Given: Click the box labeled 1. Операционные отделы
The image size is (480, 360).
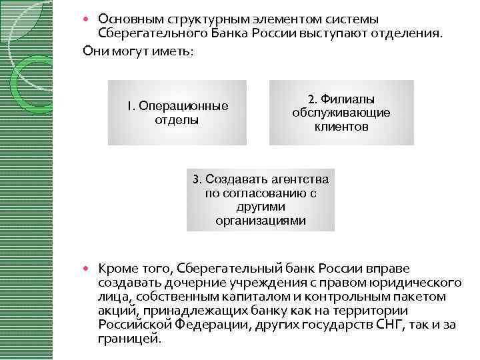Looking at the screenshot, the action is (x=177, y=113).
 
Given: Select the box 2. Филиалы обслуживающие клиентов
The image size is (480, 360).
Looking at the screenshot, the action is (x=341, y=113).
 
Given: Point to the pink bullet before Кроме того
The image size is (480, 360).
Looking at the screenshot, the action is (x=91, y=269).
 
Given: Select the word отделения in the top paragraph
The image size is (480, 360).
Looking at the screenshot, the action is (x=409, y=33).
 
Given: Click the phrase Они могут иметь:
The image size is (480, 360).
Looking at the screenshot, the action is (x=137, y=51).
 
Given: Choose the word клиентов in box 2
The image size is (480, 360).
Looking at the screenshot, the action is (x=341, y=126).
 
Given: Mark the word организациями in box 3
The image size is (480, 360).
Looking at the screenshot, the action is (x=261, y=220).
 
